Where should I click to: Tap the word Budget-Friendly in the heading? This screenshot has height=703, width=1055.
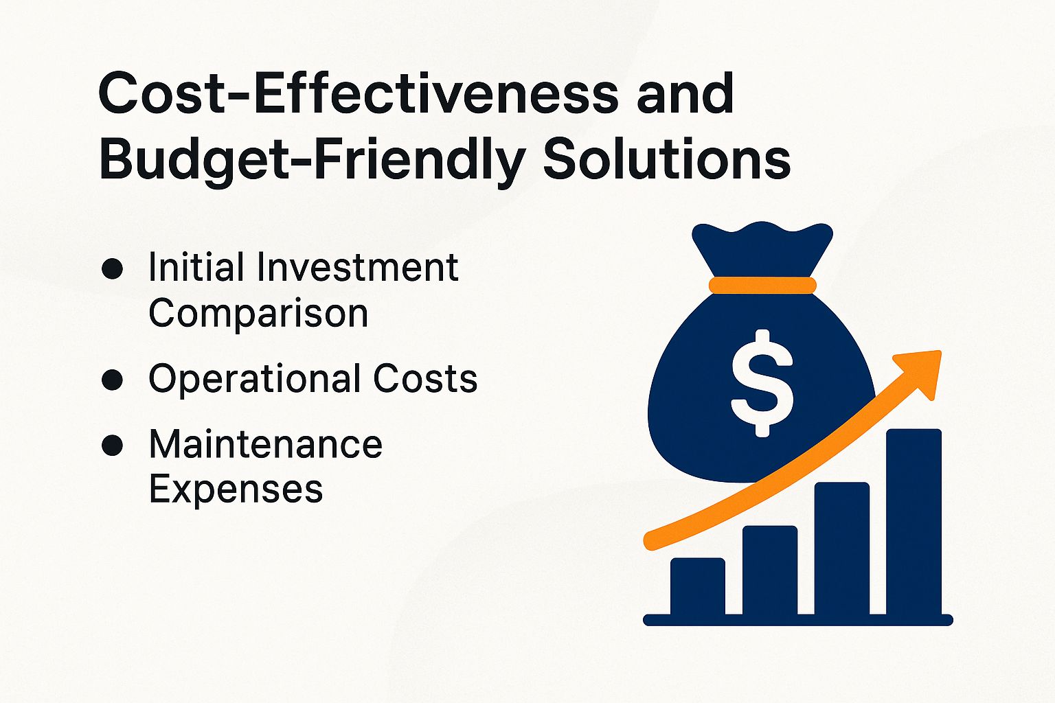pyautogui.click(x=312, y=160)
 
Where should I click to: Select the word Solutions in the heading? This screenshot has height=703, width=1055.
pyautogui.click(x=666, y=160)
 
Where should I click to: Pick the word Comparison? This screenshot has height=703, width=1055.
pyautogui.click(x=258, y=314)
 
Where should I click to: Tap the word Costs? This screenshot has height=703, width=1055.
pyautogui.click(x=425, y=379)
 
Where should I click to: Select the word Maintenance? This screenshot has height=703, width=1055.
pyautogui.click(x=265, y=444)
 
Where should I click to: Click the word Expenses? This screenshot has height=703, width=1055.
pyautogui.click(x=236, y=489)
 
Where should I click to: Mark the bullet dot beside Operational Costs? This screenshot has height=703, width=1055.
pyautogui.click(x=112, y=380)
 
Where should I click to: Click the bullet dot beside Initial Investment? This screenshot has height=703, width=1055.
pyautogui.click(x=112, y=268)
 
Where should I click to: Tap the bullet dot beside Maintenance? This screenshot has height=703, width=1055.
pyautogui.click(x=112, y=446)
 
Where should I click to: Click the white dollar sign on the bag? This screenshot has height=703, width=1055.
pyautogui.click(x=762, y=383)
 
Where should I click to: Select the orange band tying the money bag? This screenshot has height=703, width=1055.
pyautogui.click(x=762, y=286)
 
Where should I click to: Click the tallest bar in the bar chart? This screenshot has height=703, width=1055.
pyautogui.click(x=914, y=522)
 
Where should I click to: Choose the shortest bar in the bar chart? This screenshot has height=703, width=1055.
pyautogui.click(x=697, y=586)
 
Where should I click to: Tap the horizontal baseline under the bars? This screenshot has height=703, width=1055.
pyautogui.click(x=797, y=621)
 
